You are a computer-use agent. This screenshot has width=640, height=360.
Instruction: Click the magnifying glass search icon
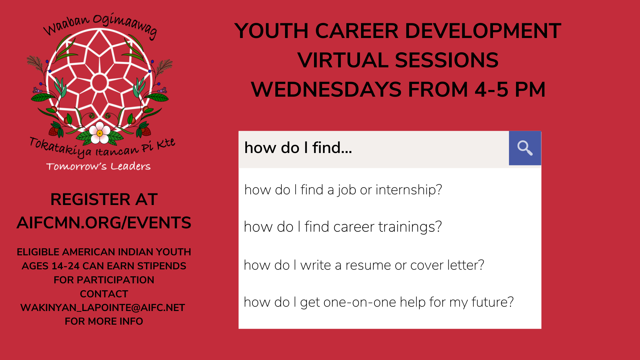[525, 148]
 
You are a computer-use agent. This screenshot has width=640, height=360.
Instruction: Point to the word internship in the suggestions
[409, 190]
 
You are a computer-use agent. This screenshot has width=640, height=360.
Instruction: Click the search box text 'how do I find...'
[298, 148]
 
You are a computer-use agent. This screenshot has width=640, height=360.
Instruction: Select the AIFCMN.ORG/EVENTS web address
[104, 223]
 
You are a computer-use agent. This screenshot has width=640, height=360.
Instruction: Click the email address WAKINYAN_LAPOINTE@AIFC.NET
[103, 308]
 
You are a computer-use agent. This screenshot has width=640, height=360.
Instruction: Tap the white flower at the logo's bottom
[99, 133]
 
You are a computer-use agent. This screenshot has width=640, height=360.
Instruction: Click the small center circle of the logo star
[99, 82]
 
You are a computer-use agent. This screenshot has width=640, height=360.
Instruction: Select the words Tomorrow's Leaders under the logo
[98, 166]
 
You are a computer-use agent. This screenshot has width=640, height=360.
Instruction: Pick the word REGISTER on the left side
[90, 199]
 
